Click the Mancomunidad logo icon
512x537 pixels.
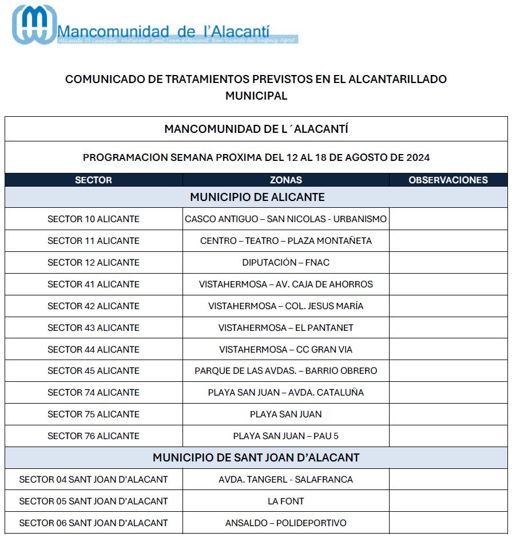pyautogui.click(x=34, y=25)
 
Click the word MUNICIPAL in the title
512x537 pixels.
pyautogui.click(x=256, y=96)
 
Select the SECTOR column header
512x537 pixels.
pyautogui.click(x=93, y=180)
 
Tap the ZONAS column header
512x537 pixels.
pyautogui.click(x=285, y=180)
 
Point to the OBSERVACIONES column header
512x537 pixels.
pyautogui.click(x=448, y=180)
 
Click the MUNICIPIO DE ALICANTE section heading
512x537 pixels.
pyautogui.click(x=257, y=198)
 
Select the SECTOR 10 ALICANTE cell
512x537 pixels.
pyautogui.click(x=93, y=219)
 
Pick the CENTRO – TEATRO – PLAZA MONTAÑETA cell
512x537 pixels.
pyautogui.click(x=285, y=241)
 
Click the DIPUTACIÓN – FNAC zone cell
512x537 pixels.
pyautogui.click(x=285, y=263)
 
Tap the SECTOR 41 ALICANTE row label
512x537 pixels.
pyautogui.click(x=93, y=285)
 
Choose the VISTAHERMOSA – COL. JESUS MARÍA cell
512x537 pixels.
pyautogui.click(x=285, y=306)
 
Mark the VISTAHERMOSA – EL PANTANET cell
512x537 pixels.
pyautogui.click(x=285, y=328)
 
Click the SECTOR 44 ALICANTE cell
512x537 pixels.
pyautogui.click(x=93, y=350)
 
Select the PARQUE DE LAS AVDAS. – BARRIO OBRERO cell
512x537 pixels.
pyautogui.click(x=285, y=371)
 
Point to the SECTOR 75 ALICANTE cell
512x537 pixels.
pyautogui.click(x=93, y=414)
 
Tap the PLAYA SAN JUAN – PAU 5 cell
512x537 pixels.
pyautogui.click(x=285, y=436)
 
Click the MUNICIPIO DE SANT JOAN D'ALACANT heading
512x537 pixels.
pyautogui.click(x=256, y=458)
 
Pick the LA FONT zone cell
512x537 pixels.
pyautogui.click(x=285, y=502)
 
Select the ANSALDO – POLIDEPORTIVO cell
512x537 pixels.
pyautogui.click(x=285, y=523)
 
